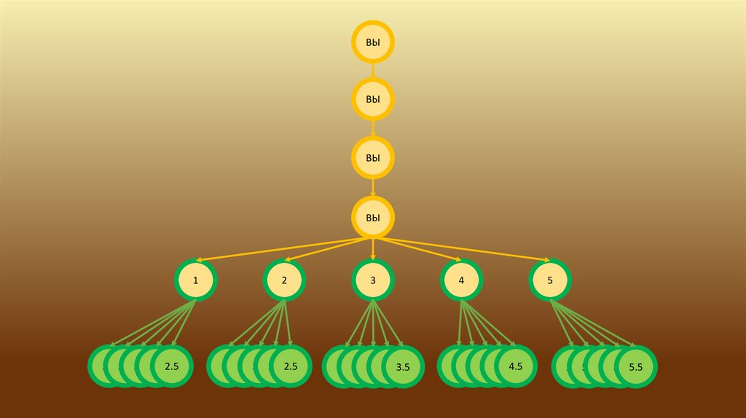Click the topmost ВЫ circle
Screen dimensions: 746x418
pyautogui.click(x=373, y=42)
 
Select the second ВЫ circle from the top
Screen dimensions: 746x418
pyautogui.click(x=373, y=100)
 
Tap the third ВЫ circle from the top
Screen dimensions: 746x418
pyautogui.click(x=373, y=157)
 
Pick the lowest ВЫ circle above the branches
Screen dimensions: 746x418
pyautogui.click(x=373, y=217)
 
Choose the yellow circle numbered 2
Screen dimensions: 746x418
pyautogui.click(x=284, y=280)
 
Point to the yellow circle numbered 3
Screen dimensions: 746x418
pyautogui.click(x=373, y=280)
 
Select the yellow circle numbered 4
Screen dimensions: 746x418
pyautogui.click(x=462, y=280)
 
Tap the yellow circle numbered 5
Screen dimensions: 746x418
pyautogui.click(x=550, y=280)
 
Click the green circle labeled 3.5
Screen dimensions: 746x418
pyautogui.click(x=403, y=367)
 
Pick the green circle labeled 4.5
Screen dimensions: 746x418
pyautogui.click(x=516, y=366)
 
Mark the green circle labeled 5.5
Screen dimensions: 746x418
pyautogui.click(x=635, y=367)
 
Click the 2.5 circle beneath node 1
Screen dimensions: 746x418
pyautogui.click(x=172, y=366)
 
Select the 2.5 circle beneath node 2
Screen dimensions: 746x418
pyautogui.click(x=291, y=366)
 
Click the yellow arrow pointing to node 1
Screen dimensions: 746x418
pyautogui.click(x=284, y=249)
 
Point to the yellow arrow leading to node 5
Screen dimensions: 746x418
pyautogui.click(x=462, y=249)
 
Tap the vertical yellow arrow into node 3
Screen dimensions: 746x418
pyautogui.click(x=373, y=249)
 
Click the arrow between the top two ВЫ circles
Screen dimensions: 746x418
pyautogui.click(x=373, y=70)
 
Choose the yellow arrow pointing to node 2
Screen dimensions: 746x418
pyautogui.click(x=328, y=249)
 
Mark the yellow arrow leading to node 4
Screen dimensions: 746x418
pyautogui.click(x=417, y=249)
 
